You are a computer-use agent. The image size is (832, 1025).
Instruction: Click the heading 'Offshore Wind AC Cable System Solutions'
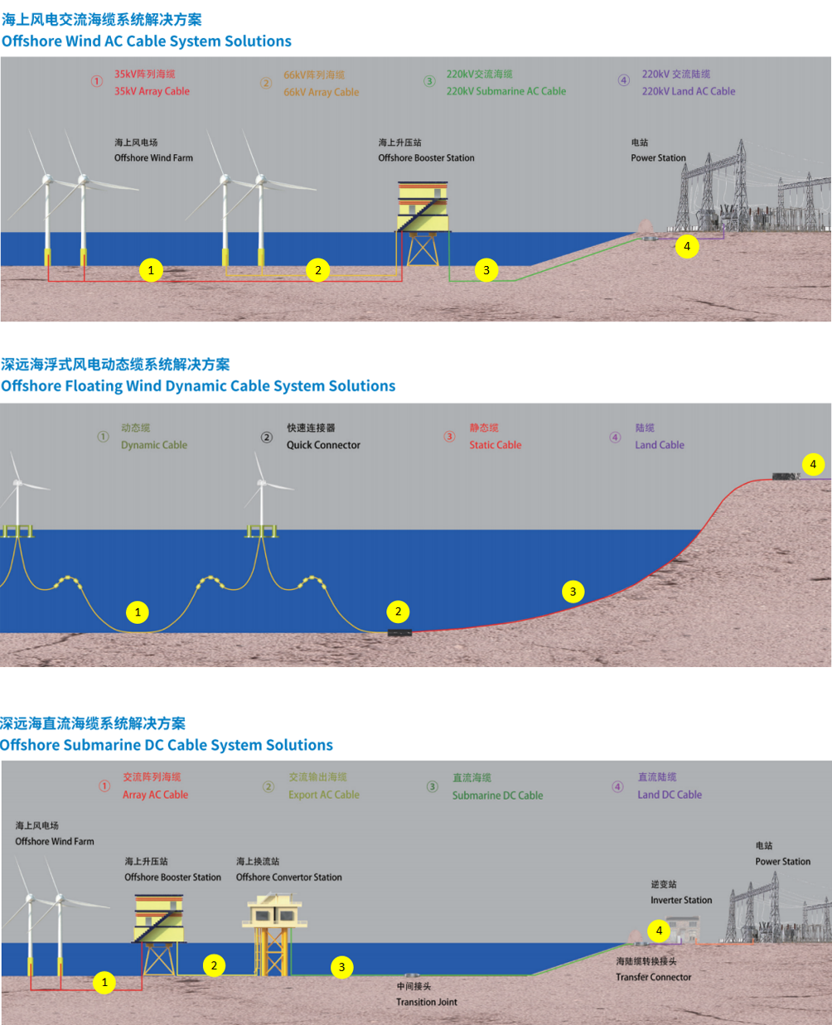pos(147,41)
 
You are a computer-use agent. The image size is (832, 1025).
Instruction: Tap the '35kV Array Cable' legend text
pos(152,91)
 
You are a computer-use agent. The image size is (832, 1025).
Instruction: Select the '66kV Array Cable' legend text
pos(322,92)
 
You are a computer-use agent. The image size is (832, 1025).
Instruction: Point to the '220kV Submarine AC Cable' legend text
pos(506,91)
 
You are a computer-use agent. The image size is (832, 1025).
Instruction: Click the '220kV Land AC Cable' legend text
pos(689,91)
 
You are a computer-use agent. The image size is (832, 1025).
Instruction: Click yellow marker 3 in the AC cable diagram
pos(486,269)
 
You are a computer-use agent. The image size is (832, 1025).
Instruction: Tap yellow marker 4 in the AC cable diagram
pos(687,246)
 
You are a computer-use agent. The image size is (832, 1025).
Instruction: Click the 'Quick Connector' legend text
pos(323,445)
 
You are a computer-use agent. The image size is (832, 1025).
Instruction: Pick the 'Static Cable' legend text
pos(496,445)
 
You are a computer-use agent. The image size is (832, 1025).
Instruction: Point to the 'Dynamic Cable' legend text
pos(154,445)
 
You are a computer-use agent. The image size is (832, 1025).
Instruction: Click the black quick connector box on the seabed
pos(399,633)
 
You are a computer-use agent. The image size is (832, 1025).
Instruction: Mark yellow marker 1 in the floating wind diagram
pos(138,612)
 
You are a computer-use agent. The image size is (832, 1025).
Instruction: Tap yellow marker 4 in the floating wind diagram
pos(813,464)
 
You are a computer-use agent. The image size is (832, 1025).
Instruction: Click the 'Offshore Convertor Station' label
pos(288,877)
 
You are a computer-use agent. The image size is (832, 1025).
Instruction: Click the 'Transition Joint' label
pos(427,1002)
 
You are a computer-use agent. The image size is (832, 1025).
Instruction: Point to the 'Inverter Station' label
pos(681,900)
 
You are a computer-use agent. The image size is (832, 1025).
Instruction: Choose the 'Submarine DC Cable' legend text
pos(497,795)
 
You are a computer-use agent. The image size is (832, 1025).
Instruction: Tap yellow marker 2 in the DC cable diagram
pos(214,965)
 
